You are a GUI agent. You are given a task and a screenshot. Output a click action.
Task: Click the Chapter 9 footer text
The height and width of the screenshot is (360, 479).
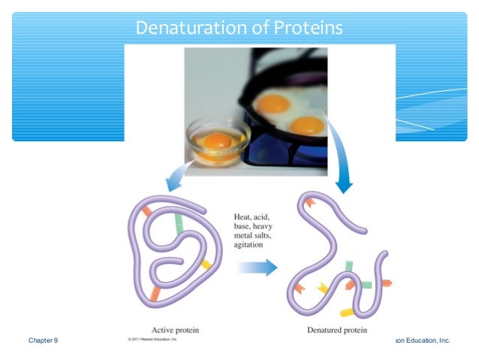click(43, 340)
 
